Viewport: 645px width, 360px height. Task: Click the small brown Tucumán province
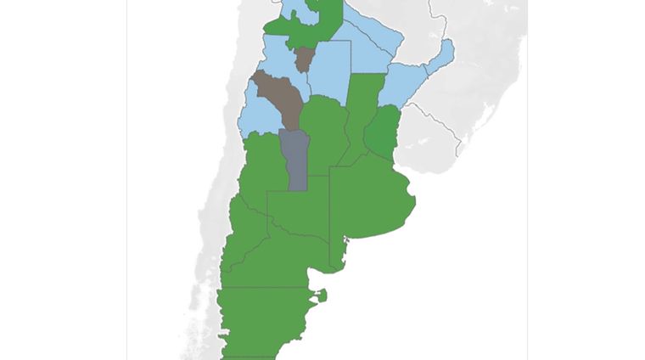click(303, 59)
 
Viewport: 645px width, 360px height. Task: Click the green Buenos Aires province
click(369, 200)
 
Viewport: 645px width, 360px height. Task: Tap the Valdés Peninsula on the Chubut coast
click(322, 296)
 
